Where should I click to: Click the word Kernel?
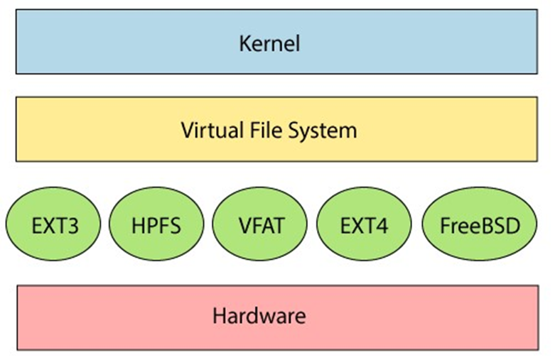pyautogui.click(x=269, y=43)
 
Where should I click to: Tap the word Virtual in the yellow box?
pyautogui.click(x=206, y=130)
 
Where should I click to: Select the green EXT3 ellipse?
pyautogui.click(x=54, y=227)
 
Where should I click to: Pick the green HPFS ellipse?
pyautogui.click(x=156, y=227)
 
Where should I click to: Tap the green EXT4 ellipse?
pyautogui.click(x=365, y=227)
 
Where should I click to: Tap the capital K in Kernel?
pyautogui.click(x=244, y=43)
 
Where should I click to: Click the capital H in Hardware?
pyautogui.click(x=219, y=315)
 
